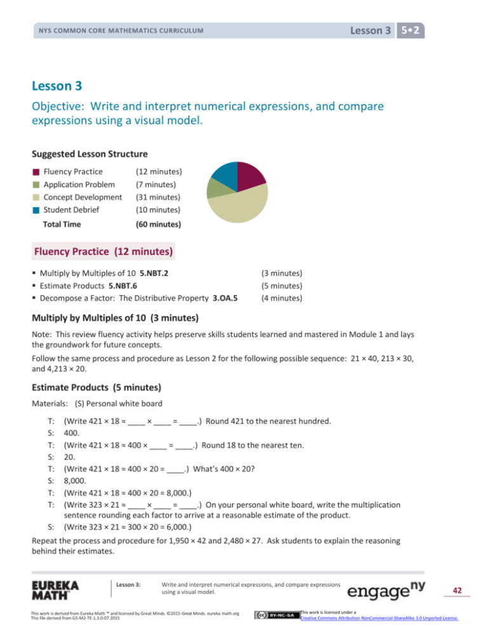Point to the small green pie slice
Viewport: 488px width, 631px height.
(215, 189)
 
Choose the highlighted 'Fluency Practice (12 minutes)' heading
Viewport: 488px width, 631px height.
(105, 251)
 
